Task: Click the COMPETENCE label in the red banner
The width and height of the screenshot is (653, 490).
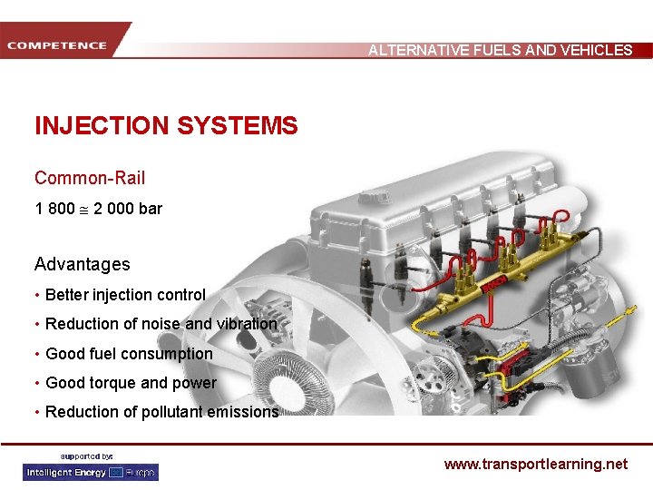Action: coord(56,45)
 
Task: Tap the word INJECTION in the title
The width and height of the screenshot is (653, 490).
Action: coord(102,125)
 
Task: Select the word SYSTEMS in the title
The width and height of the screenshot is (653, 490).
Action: coord(238,125)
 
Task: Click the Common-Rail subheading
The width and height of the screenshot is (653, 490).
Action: coord(90,178)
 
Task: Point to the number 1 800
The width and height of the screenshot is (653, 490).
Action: coord(55,209)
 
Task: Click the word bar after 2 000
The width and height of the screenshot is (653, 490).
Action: coord(151,209)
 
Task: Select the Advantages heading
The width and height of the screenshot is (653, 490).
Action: coord(83,264)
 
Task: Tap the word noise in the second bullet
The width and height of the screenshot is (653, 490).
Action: coord(161,324)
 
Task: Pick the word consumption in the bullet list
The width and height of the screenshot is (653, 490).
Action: coord(164,354)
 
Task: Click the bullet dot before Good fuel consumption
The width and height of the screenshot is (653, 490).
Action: coord(37,354)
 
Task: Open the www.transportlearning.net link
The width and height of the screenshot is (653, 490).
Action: coord(536,464)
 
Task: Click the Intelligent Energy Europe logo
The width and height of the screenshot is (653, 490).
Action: coord(91,473)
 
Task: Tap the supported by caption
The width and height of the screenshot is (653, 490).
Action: coord(86,456)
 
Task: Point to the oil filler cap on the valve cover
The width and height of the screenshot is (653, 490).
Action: coord(375,195)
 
